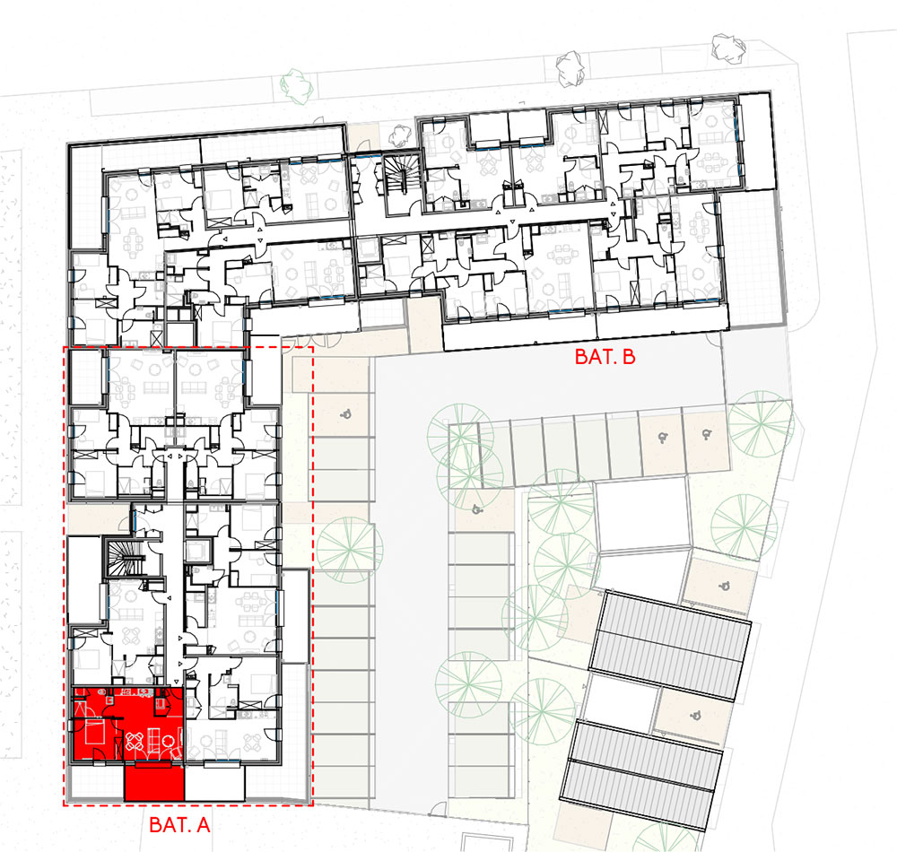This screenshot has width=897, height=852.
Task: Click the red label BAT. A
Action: point(179,824)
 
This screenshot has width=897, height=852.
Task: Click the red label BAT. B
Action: point(605,357)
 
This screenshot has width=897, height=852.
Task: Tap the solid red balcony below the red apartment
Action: point(154,782)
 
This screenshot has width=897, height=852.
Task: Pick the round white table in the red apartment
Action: point(169,741)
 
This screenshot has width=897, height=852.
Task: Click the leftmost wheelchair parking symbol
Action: point(345,414)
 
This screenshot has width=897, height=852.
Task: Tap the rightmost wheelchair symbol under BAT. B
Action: point(707,435)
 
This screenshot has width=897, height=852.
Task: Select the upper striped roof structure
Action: point(670,646)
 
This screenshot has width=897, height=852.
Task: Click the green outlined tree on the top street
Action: point(298,86)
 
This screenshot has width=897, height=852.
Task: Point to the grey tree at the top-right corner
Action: point(728,48)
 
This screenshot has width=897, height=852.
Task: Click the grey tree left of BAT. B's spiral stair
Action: point(399,135)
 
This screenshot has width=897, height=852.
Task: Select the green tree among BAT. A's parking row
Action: point(350,550)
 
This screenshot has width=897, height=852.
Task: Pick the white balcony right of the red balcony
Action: point(215,782)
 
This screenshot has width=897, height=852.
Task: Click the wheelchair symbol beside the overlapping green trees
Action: point(476,509)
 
